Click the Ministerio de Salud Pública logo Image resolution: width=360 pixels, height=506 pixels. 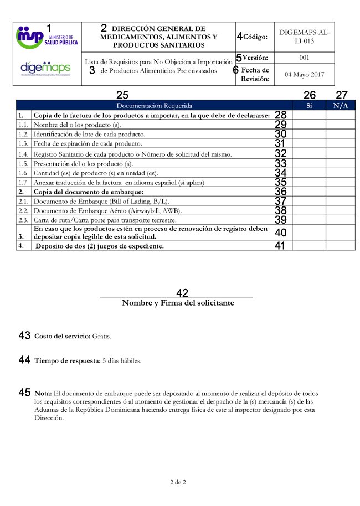click(47, 38)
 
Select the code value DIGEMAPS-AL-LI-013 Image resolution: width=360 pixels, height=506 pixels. click(304, 37)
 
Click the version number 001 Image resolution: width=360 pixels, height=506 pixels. click(304, 58)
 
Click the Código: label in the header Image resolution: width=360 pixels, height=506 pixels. click(255, 37)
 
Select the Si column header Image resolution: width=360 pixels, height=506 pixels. click(309, 105)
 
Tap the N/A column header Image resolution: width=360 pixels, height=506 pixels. click(340, 105)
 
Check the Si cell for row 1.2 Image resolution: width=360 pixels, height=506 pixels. click(309, 135)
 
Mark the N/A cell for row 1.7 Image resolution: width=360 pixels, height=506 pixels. click(340, 182)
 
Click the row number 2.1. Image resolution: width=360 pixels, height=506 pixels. click(23, 202)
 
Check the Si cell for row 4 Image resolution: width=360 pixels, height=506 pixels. click(309, 246)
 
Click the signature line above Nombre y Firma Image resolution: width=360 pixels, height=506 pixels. click(176, 297)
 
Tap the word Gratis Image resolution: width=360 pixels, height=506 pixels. click(102, 337)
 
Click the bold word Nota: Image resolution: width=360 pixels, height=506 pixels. click(43, 393)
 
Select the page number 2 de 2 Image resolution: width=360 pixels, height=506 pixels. click(178, 482)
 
